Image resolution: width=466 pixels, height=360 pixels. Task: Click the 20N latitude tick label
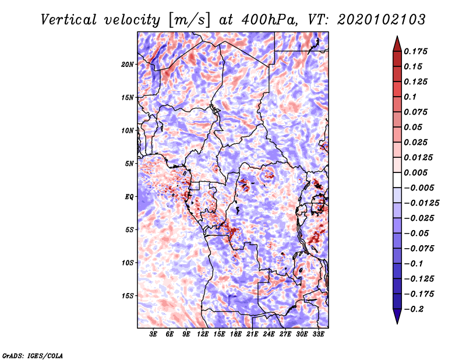point(127,64)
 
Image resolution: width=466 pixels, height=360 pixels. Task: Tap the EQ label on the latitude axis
point(129,197)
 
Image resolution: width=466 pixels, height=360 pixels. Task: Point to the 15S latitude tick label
point(127,296)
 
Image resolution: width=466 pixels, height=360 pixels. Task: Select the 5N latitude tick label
point(129,164)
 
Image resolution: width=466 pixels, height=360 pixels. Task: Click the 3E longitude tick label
point(153,334)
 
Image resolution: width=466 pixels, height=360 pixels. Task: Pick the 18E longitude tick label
point(236,334)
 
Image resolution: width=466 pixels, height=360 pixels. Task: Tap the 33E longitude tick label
point(318,334)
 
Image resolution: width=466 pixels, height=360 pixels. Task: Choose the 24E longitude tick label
point(269,334)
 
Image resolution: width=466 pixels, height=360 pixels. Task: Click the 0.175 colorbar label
point(415,51)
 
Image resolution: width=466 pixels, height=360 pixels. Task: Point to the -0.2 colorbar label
point(414,309)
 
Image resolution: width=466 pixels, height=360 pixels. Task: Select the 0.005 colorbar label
point(415,172)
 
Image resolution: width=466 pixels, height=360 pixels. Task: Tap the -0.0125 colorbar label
point(421,203)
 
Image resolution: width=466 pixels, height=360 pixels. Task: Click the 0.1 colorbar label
point(410,97)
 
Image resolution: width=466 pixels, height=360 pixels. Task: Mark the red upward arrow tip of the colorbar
point(397,36)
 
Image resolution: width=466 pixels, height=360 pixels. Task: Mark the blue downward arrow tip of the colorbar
point(397,323)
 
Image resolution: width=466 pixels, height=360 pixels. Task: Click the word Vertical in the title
point(69,20)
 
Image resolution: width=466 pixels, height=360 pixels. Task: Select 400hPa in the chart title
point(270,20)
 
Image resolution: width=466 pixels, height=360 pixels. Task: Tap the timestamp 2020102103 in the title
point(381,20)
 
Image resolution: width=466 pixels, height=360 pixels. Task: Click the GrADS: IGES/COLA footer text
point(33,355)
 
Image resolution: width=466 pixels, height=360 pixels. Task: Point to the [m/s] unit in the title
point(189,20)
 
